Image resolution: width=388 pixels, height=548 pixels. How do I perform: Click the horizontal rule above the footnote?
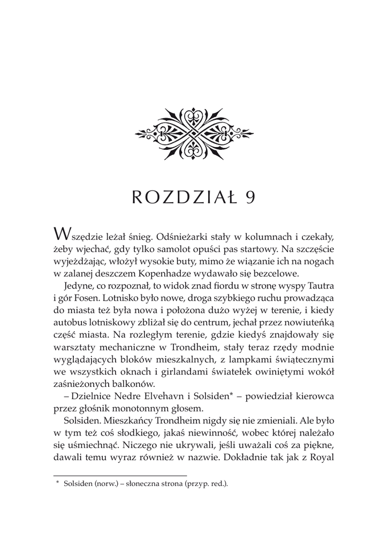pyautogui.click(x=120, y=475)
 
